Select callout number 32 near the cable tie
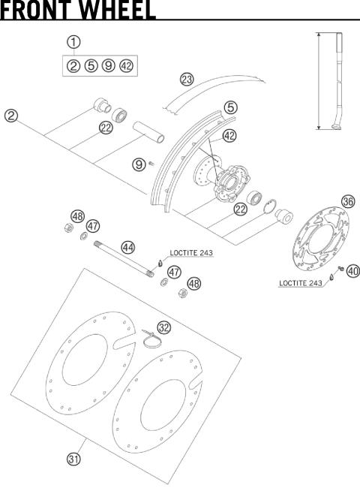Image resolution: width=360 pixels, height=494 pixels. tap(163, 327)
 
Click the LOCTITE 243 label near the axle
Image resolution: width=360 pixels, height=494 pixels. tap(191, 254)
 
